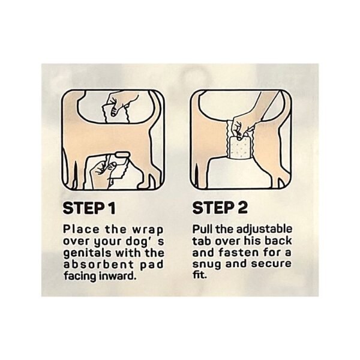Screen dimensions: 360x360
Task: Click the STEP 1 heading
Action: (89, 208)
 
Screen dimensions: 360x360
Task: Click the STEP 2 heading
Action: (220, 208)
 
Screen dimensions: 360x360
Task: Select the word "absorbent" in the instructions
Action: (98, 265)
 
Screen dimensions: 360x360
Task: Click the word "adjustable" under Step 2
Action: (264, 230)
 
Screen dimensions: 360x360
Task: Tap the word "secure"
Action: (271, 263)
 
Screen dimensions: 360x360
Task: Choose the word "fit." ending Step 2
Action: (200, 275)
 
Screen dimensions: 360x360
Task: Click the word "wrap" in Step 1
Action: (148, 230)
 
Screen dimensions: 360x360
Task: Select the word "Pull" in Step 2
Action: (200, 229)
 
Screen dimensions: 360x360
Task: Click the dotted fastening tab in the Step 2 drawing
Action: (239, 147)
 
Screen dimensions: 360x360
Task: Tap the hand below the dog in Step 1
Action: (102, 171)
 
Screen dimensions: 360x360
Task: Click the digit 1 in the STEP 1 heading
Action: (112, 208)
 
